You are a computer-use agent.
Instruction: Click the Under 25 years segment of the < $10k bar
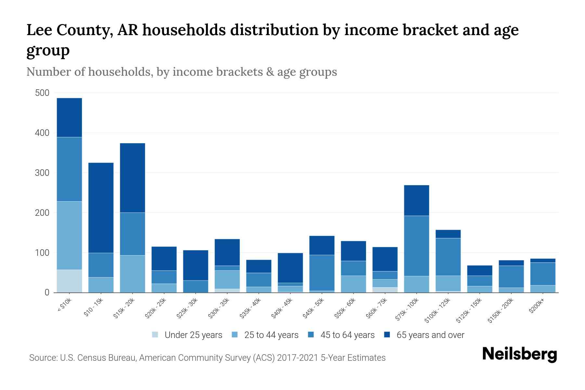(69, 281)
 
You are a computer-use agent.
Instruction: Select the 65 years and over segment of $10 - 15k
(101, 208)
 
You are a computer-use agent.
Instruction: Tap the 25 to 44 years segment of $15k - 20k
(132, 274)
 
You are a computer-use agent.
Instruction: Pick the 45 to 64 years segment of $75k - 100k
(416, 246)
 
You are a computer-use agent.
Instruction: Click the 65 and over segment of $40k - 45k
(290, 268)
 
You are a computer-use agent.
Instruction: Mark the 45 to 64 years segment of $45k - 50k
(322, 273)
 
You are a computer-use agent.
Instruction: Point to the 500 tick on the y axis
(42, 93)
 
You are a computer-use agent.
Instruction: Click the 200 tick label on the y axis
(42, 213)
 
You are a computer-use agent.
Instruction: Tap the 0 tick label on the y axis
(47, 293)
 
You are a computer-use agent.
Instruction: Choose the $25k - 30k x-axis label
(187, 308)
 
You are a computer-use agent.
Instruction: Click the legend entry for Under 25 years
(193, 335)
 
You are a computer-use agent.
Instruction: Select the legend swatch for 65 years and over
(387, 335)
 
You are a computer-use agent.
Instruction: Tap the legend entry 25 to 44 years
(271, 335)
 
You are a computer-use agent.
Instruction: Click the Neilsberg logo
(519, 354)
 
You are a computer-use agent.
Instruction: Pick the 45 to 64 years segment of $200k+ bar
(542, 274)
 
